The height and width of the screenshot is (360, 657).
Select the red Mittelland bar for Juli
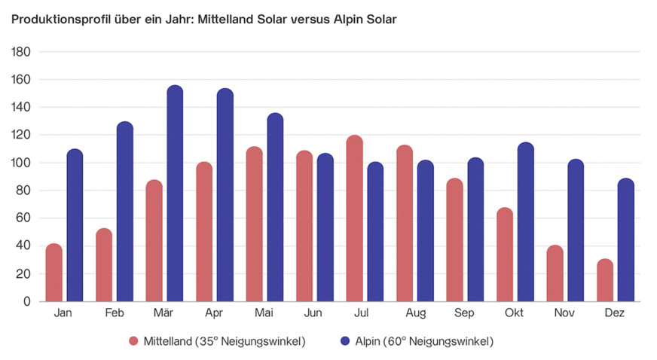point(354,218)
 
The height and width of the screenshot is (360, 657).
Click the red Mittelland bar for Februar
point(104,264)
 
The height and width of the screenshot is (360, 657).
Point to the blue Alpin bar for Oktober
point(526,222)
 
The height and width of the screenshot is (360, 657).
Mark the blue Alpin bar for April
point(225,195)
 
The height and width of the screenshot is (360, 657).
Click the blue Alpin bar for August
point(426,230)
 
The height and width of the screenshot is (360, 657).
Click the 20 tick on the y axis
point(24,274)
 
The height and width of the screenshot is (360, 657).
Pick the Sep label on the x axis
point(465,312)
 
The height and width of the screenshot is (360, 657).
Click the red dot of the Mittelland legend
point(134,341)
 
